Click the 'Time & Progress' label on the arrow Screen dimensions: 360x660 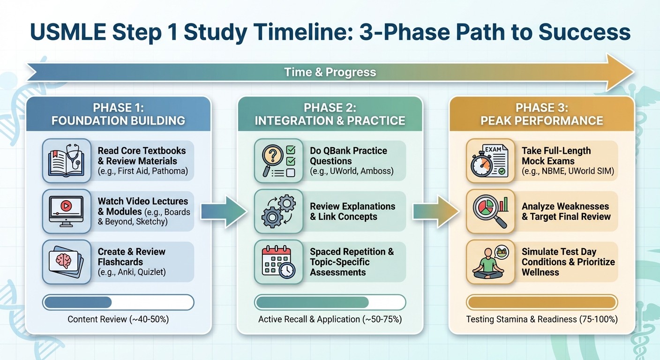pos(330,72)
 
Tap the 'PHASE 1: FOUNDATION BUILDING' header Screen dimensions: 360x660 pos(118,114)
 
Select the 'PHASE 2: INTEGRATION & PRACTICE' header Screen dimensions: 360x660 pos(330,114)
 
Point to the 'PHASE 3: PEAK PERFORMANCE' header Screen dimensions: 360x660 pos(541,114)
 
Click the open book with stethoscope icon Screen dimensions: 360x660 pos(66,160)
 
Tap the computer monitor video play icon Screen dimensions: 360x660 pos(66,211)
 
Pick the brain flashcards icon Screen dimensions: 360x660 pos(66,262)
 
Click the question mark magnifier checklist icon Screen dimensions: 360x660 pos(277,160)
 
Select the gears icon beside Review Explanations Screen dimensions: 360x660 pos(277,211)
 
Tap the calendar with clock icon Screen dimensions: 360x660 pos(277,262)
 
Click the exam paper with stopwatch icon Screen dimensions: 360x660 pos(489,160)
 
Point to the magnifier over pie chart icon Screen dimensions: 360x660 pos(489,211)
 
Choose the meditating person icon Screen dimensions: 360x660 pos(489,262)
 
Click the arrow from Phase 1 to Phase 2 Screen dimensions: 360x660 pos(225,212)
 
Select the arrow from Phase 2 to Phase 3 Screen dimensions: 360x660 pos(436,212)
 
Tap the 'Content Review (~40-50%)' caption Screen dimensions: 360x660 pos(118,319)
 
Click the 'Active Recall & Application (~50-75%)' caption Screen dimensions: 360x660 pos(330,319)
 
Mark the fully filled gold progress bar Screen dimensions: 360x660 pos(541,302)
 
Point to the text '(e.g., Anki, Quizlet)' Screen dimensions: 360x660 pos(132,272)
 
